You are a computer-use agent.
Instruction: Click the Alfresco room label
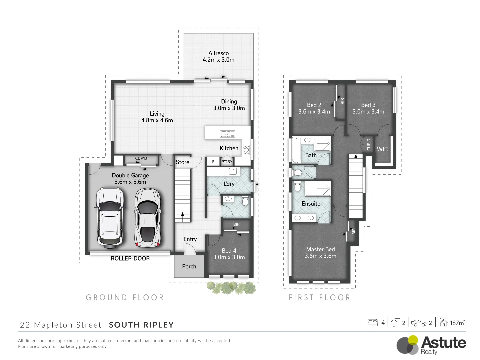click(218, 53)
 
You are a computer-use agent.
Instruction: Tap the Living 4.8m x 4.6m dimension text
click(157, 120)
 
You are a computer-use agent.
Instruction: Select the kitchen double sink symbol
click(227, 134)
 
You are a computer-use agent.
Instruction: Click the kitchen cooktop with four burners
click(246, 150)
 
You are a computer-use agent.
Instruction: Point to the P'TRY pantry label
click(227, 162)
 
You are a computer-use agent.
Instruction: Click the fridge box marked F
click(213, 162)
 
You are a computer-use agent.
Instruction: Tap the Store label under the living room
click(182, 162)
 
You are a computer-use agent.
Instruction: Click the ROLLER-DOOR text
click(130, 258)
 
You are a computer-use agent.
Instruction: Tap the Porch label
click(189, 266)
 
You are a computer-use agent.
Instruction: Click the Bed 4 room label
click(229, 251)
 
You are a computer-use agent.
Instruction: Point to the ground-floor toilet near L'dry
click(245, 201)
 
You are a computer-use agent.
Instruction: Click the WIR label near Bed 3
click(382, 149)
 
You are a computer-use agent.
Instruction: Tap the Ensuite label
click(311, 204)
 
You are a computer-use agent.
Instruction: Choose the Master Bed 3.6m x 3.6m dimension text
click(320, 256)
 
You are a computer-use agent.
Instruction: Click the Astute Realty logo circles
click(407, 345)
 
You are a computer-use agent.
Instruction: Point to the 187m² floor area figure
click(457, 323)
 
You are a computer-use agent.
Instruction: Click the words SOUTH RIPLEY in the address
click(141, 325)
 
